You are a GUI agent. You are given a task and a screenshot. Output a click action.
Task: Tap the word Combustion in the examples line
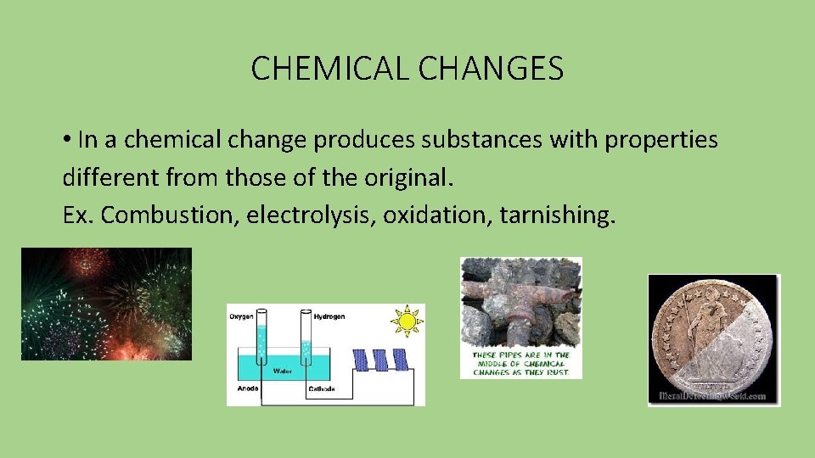click(171, 215)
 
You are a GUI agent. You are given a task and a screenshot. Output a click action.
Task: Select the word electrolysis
click(311, 215)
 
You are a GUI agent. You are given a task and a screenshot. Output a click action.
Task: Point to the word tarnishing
click(555, 215)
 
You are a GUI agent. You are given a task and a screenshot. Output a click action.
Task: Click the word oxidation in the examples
click(437, 215)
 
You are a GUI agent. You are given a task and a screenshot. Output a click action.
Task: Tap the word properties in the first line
click(661, 139)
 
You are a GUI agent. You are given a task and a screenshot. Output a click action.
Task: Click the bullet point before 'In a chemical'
click(67, 140)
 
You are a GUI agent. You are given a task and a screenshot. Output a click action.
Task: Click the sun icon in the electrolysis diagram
click(407, 321)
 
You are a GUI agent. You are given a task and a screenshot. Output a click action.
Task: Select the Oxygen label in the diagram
click(241, 316)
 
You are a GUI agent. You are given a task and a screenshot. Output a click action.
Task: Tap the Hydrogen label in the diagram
click(329, 316)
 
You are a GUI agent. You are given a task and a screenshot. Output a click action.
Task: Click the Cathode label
click(321, 389)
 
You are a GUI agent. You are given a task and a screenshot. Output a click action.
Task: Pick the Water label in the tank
click(283, 371)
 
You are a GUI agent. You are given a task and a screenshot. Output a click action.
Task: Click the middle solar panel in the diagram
click(381, 360)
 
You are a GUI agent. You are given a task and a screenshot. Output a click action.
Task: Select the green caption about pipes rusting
click(521, 365)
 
